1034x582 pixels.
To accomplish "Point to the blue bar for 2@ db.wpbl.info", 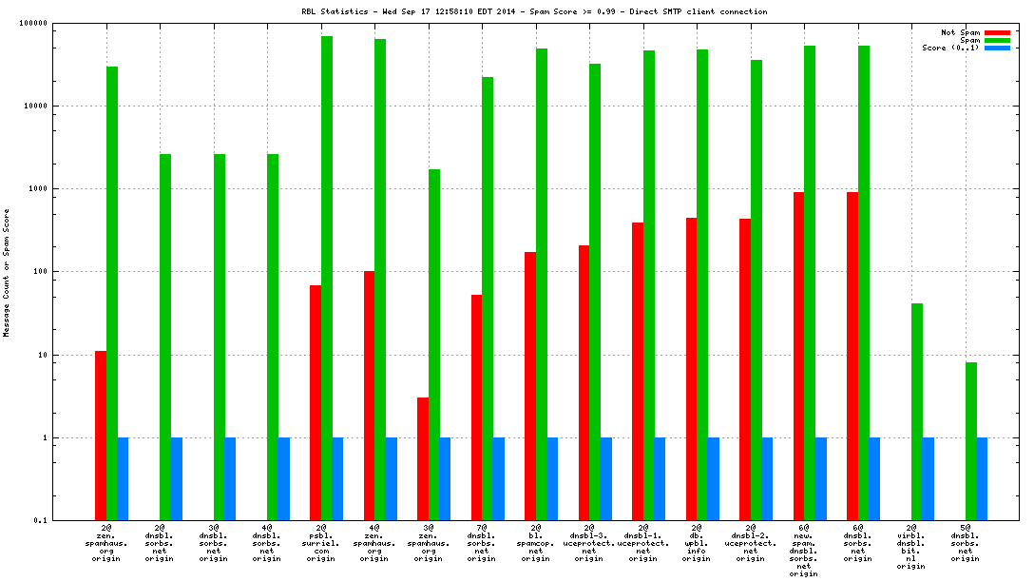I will coord(713,479).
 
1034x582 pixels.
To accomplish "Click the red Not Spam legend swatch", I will coord(997,32).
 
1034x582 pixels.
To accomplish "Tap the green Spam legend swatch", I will coord(997,40).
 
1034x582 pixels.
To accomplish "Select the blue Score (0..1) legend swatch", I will coord(997,48).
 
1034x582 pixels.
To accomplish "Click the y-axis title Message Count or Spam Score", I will coord(7,274).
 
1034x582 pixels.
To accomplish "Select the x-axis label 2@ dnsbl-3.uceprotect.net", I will coord(589,543).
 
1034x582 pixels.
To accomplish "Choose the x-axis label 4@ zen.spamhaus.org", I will coord(374,543).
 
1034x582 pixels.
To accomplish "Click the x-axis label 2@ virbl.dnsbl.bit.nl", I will coord(911,547).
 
